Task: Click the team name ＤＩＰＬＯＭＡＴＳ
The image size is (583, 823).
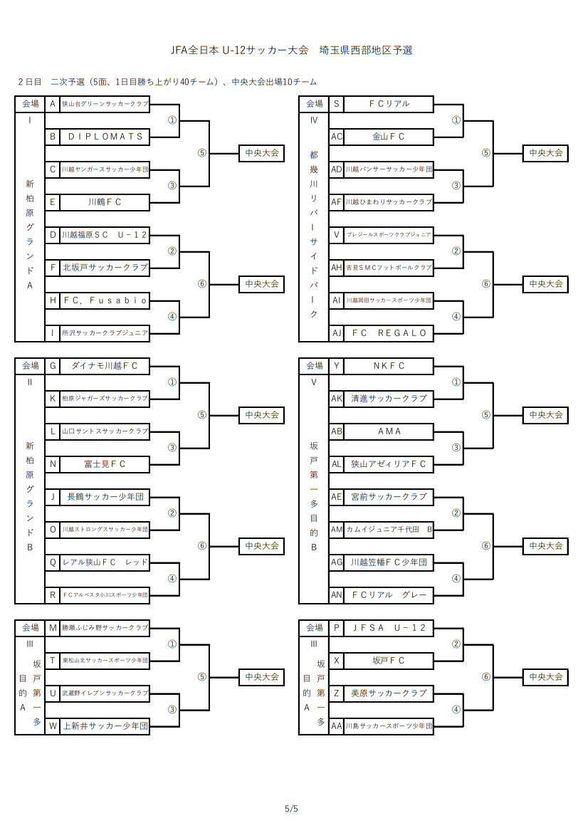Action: pyautogui.click(x=105, y=136)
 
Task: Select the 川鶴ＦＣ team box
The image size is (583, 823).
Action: pyautogui.click(x=105, y=202)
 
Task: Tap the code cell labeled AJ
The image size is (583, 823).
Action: pyautogui.click(x=337, y=333)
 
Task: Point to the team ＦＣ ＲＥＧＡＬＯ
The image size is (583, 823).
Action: pyautogui.click(x=389, y=333)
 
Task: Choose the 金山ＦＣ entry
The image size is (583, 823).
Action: pyautogui.click(x=389, y=136)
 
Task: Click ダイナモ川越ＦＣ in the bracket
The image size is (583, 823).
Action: pyautogui.click(x=105, y=366)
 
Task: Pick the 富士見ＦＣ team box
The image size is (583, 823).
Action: pyautogui.click(x=105, y=464)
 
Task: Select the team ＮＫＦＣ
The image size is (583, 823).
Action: pyautogui.click(x=389, y=366)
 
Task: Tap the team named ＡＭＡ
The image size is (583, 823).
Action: pyautogui.click(x=389, y=431)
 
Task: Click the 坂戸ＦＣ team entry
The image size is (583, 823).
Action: pyautogui.click(x=389, y=661)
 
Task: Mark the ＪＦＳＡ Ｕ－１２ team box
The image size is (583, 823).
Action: pyautogui.click(x=389, y=628)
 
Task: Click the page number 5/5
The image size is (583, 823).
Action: pyautogui.click(x=291, y=809)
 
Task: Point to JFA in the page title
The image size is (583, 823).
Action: pyautogui.click(x=179, y=51)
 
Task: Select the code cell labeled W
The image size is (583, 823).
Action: pyautogui.click(x=53, y=726)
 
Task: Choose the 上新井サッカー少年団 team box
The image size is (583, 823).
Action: pyautogui.click(x=105, y=726)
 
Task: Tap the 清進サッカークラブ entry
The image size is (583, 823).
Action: pyautogui.click(x=389, y=399)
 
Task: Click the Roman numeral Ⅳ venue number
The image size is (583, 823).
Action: pyautogui.click(x=314, y=120)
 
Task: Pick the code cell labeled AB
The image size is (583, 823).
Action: pyautogui.click(x=337, y=431)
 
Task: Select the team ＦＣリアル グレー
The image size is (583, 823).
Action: pyautogui.click(x=389, y=595)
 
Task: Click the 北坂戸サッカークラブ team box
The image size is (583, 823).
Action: pyautogui.click(x=105, y=268)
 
